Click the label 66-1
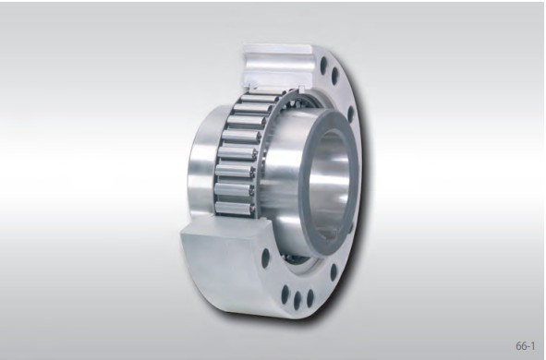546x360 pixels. coord(525,345)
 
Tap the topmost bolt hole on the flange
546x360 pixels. coord(324,66)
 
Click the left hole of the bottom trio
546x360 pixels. coord(285,295)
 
